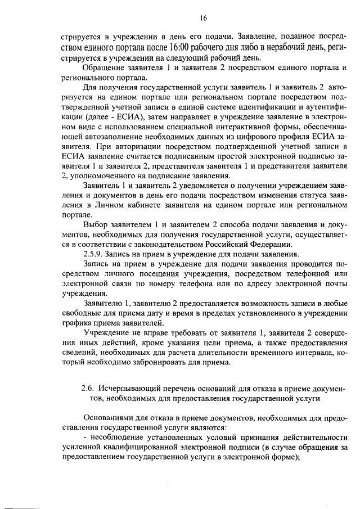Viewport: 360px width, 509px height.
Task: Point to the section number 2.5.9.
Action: tap(93, 254)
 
